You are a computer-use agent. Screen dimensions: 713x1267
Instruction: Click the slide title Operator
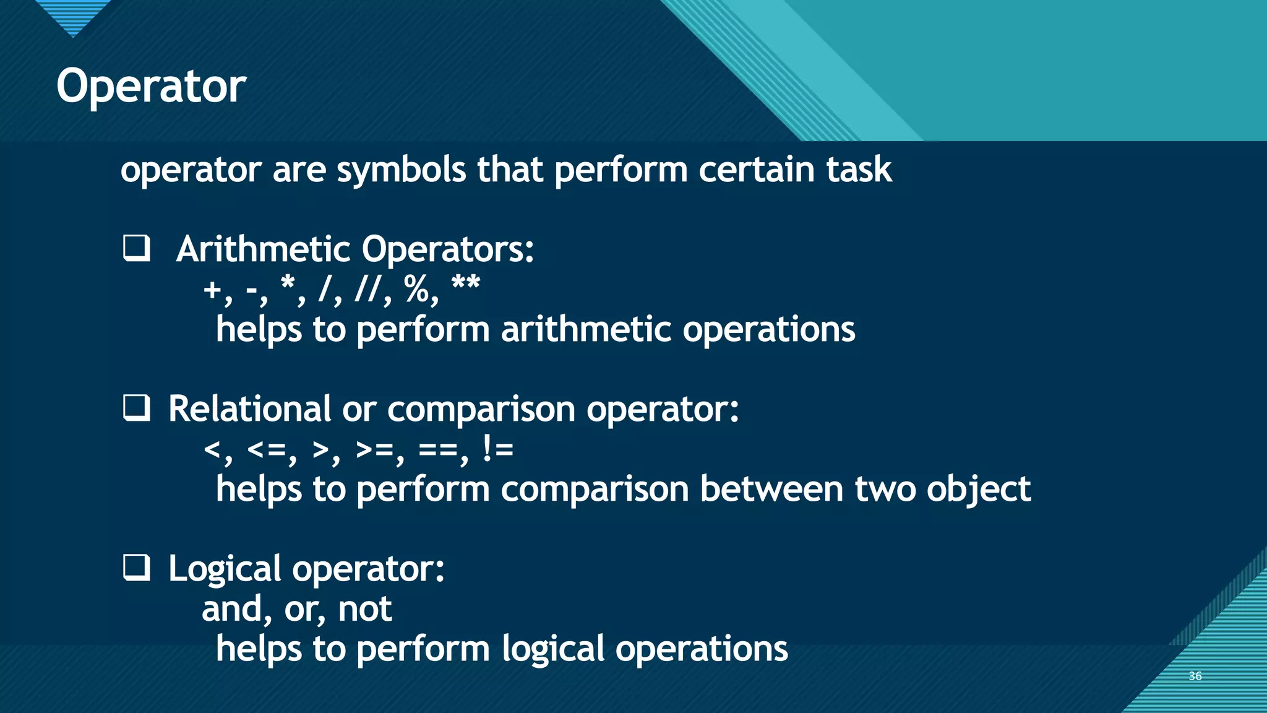point(151,87)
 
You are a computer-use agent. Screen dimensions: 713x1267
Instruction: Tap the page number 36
point(1195,676)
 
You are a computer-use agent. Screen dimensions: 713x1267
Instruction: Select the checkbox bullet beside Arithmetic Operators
point(136,249)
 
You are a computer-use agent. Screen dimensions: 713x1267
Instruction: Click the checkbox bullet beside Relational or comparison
point(136,408)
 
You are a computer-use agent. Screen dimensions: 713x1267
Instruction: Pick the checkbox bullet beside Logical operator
point(136,568)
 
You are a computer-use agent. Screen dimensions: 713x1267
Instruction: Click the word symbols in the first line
point(401,170)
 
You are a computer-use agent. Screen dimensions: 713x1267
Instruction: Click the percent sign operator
point(416,288)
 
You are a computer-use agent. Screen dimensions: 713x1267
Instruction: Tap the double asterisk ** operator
point(466,285)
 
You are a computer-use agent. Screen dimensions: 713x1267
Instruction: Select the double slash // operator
point(369,288)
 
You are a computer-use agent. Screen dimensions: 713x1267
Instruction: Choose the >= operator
point(375,449)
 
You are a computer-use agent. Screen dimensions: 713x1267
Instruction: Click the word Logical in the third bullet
point(225,569)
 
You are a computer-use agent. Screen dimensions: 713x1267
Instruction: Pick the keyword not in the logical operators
point(364,609)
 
